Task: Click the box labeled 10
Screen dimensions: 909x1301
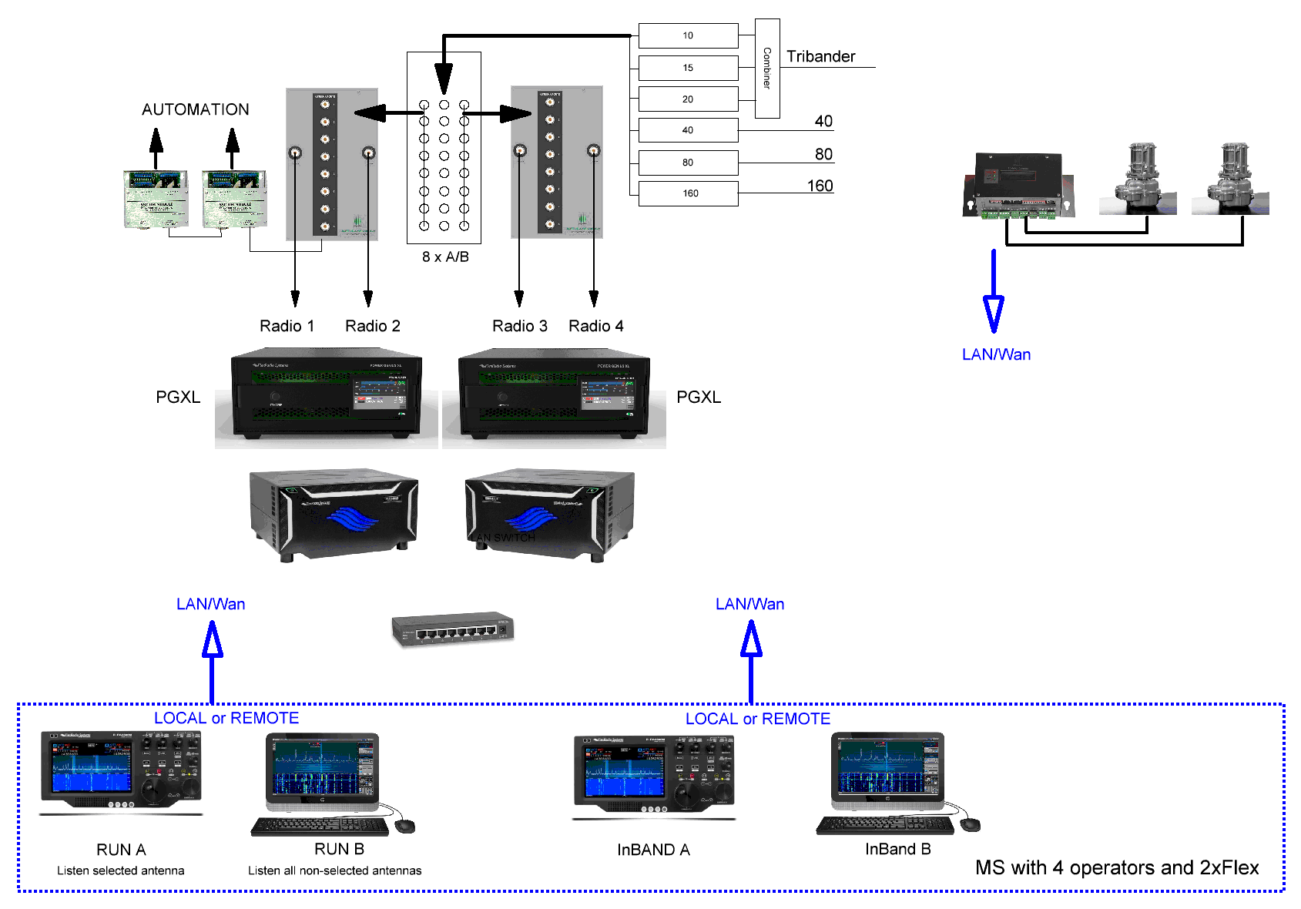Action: coord(688,35)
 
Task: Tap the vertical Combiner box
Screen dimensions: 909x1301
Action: coord(767,69)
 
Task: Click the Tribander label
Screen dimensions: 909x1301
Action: coord(820,56)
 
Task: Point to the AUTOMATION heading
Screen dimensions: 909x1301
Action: coord(196,109)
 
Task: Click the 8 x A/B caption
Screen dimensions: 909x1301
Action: coord(445,257)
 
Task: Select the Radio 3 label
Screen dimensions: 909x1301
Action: coord(519,326)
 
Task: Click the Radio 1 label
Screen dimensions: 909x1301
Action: coord(287,326)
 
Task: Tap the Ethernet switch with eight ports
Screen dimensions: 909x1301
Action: coord(453,629)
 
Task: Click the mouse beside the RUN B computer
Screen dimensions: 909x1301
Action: coord(404,826)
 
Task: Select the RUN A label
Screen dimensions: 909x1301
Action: coord(121,850)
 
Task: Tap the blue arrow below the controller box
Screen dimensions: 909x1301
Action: coord(994,297)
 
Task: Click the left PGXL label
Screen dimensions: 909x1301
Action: coord(178,397)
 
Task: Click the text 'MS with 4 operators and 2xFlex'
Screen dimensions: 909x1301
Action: coord(1116,867)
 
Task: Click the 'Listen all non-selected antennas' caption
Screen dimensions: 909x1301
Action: coord(334,870)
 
